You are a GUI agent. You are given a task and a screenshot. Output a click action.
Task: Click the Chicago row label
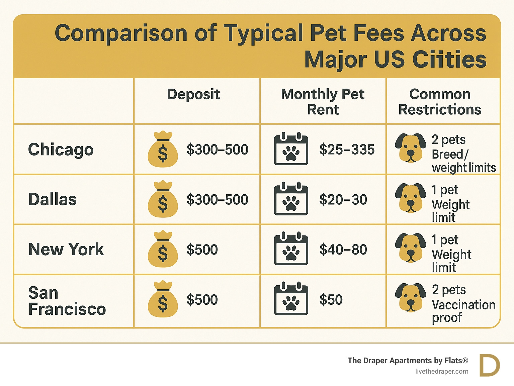coord(61,150)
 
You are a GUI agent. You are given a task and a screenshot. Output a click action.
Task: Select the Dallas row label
coord(52,199)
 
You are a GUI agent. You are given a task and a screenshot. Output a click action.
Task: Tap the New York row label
coord(66,250)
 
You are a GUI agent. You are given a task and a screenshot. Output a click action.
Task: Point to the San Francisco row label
coord(67,301)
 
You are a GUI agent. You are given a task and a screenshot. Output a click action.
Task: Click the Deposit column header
coord(193,94)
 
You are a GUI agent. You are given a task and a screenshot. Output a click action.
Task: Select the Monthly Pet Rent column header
coord(323,102)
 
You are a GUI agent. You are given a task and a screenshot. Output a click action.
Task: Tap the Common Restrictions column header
coord(440,102)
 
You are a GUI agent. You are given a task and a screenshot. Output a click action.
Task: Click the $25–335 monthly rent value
coord(347,150)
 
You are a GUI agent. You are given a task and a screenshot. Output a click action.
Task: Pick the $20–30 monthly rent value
coord(343,200)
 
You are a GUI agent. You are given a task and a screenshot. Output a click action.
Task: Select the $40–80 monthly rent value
coord(343,250)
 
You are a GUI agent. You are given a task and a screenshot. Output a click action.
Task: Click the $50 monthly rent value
coord(331,300)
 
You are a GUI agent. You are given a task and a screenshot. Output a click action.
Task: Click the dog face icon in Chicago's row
coord(410,148)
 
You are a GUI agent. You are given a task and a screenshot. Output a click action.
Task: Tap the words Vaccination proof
coord(463,311)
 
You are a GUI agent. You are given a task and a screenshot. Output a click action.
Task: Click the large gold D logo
coord(490,365)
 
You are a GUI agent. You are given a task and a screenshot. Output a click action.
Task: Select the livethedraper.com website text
coord(442,372)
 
